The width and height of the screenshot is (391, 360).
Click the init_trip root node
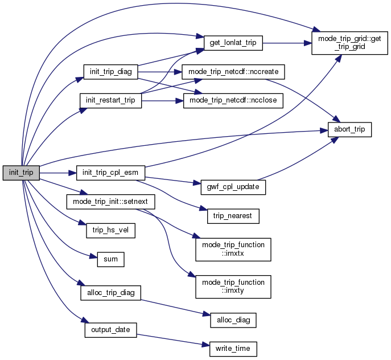pyautogui.click(x=21, y=172)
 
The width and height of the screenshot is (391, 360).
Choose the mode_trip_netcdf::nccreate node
pyautogui.click(x=233, y=72)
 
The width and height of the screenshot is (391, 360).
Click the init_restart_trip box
pyautogui.click(x=110, y=100)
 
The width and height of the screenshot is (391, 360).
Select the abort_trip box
pyautogui.click(x=349, y=130)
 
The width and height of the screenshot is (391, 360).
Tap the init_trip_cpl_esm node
pyautogui.click(x=110, y=172)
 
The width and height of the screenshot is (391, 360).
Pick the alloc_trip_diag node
pyautogui.click(x=110, y=292)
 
